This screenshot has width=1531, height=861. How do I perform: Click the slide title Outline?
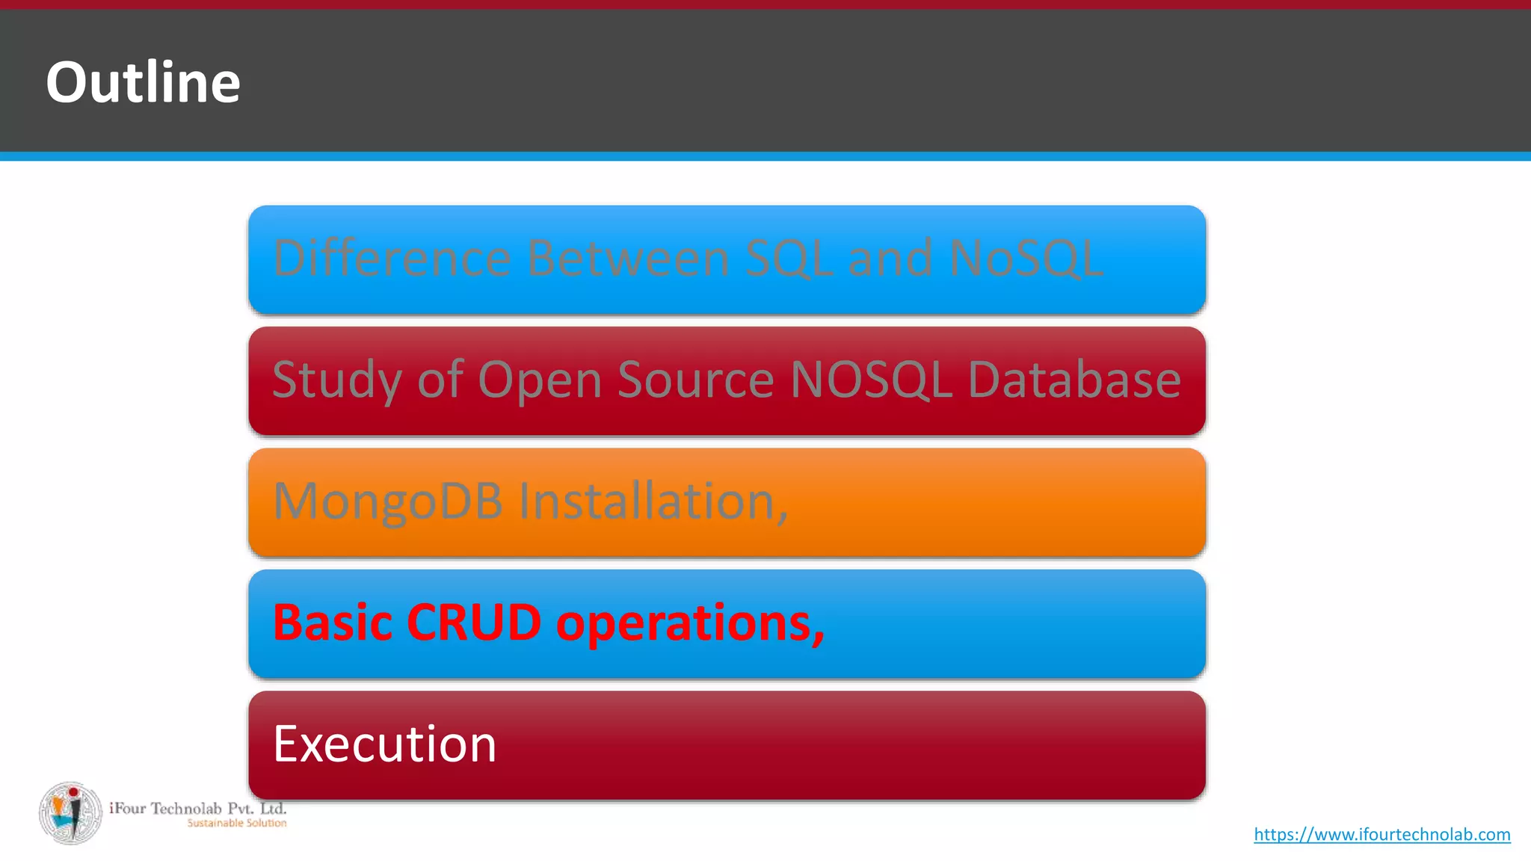tap(143, 82)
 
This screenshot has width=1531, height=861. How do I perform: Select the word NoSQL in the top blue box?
tap(1026, 259)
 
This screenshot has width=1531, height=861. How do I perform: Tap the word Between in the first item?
tap(628, 259)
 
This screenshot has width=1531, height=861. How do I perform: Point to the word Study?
tap(337, 380)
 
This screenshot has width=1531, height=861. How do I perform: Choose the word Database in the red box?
tap(1074, 380)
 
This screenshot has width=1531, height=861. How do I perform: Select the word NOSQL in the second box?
tap(871, 380)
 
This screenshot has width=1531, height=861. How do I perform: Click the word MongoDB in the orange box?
tap(387, 502)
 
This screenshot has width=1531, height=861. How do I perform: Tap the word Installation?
tap(653, 502)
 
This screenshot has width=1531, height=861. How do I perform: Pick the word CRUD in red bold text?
tap(474, 623)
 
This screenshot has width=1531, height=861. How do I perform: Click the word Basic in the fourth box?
tap(333, 623)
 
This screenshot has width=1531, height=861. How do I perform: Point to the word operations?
tap(689, 624)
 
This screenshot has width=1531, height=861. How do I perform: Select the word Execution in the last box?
tap(384, 744)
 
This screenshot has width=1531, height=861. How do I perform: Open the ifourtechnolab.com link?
tap(1381, 834)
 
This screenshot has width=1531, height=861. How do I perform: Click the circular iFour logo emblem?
tap(71, 813)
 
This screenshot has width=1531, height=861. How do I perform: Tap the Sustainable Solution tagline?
tap(237, 823)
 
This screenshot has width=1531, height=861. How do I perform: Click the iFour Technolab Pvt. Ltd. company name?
tap(198, 808)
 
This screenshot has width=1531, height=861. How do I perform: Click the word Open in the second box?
tap(539, 382)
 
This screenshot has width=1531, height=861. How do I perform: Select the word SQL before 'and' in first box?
tap(789, 259)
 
